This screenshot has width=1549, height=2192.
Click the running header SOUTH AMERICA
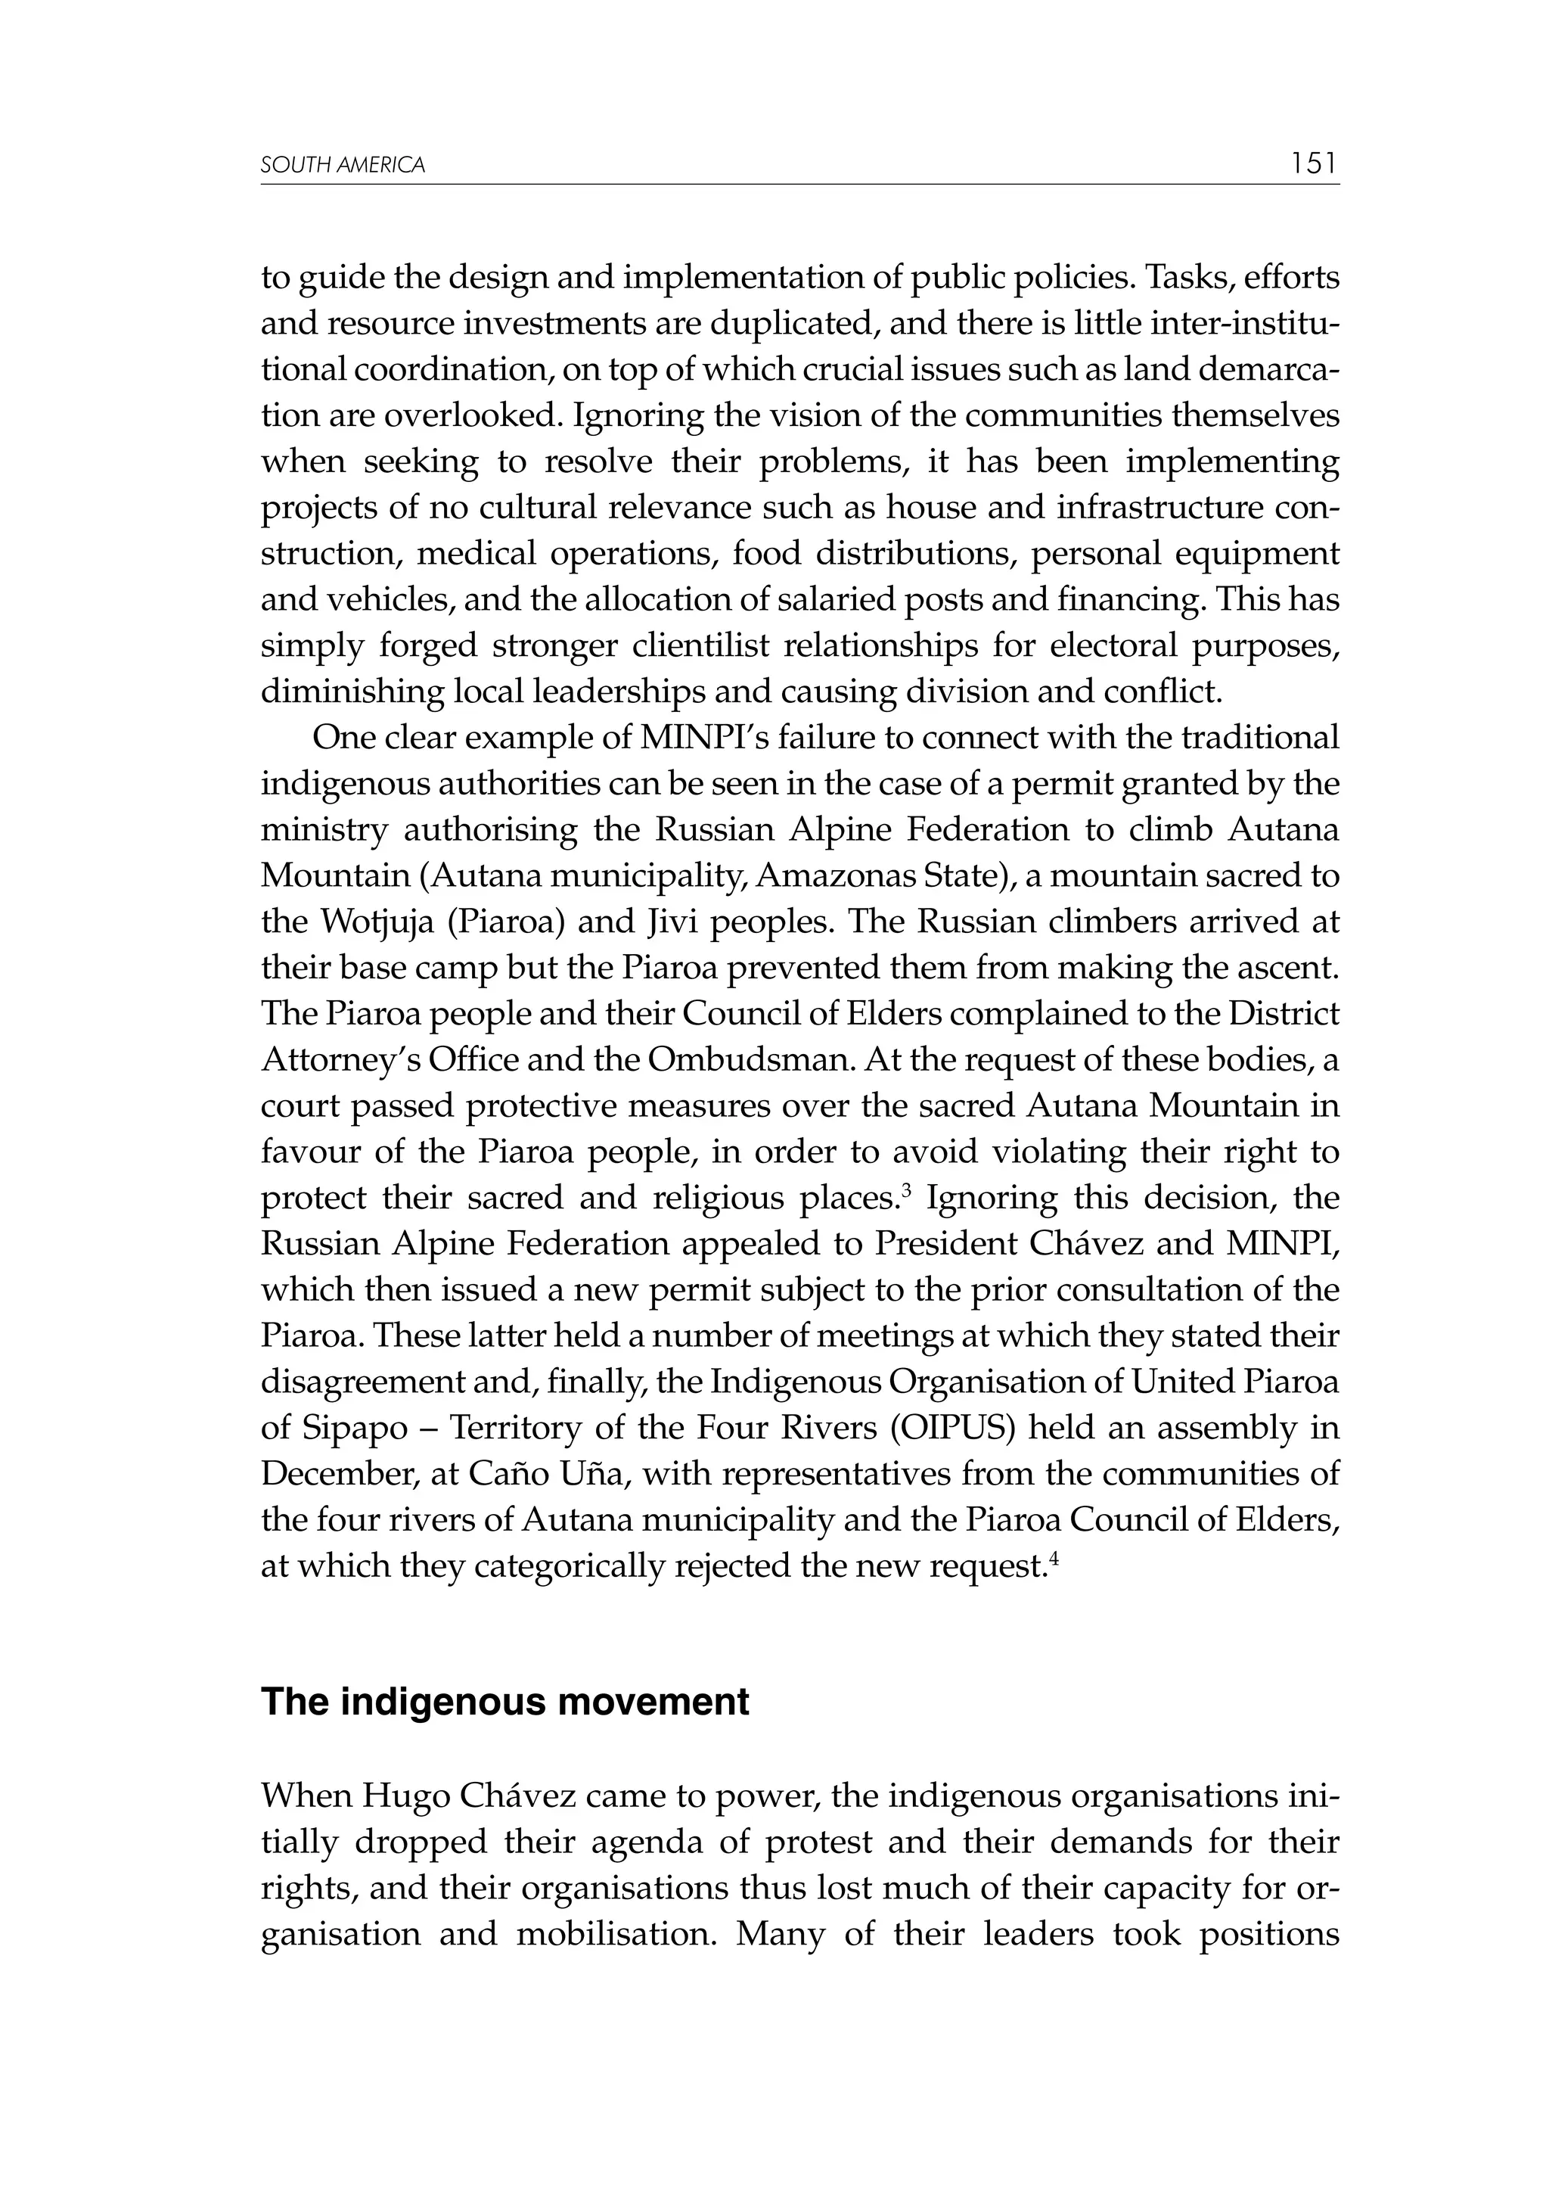(343, 166)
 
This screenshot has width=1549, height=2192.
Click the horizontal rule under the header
(799, 185)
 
